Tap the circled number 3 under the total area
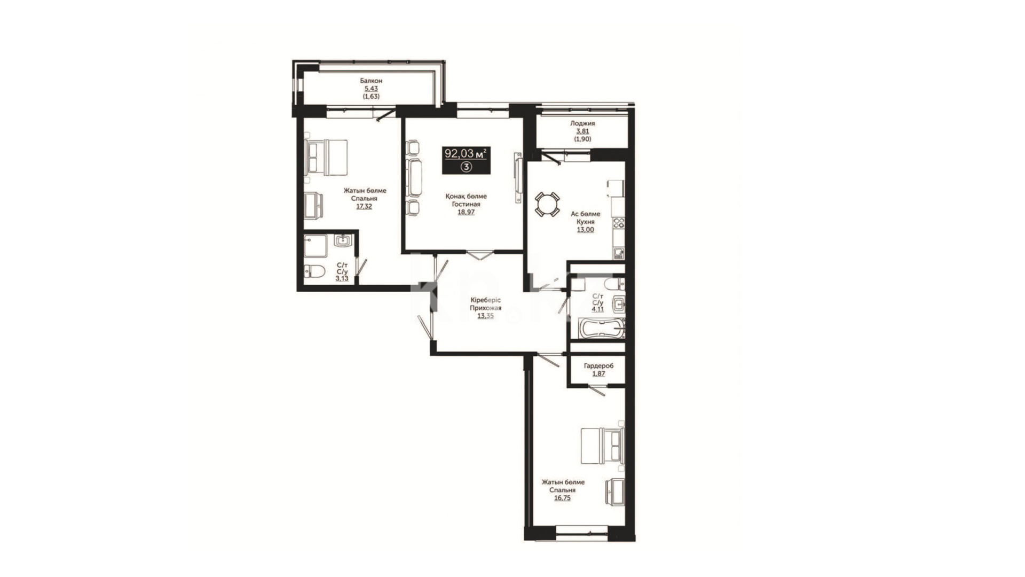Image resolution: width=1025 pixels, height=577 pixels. point(466,167)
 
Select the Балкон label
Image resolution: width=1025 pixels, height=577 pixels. point(371,81)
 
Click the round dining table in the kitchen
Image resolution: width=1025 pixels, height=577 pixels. point(547,204)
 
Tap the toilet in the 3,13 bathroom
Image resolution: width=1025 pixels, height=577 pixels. point(314,271)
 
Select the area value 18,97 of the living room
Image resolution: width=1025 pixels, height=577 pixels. point(466,212)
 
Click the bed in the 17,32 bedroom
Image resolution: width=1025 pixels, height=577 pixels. point(326,157)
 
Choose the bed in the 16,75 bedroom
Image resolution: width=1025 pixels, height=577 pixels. point(602,445)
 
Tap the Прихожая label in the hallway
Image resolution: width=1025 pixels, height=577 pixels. point(485,308)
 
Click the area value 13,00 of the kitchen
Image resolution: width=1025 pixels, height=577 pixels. point(585,229)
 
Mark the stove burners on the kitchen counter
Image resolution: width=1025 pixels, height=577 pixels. point(619,223)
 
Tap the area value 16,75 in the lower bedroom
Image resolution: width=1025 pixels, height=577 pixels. point(563,497)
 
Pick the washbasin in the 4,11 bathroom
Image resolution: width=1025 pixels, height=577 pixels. point(619,305)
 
